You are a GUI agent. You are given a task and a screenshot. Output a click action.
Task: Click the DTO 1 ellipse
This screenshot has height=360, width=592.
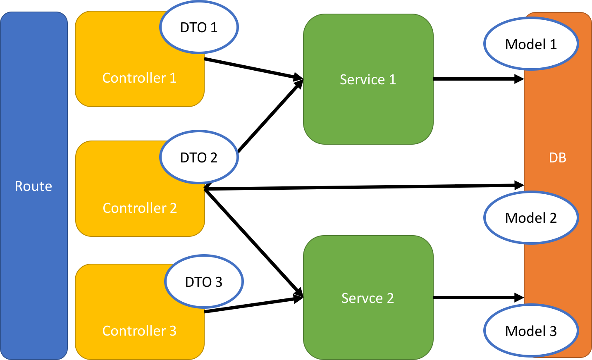(199, 27)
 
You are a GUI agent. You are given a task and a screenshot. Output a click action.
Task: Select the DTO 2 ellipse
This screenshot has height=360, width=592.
(199, 157)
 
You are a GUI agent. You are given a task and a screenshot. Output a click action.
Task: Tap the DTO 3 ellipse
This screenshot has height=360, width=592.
(204, 282)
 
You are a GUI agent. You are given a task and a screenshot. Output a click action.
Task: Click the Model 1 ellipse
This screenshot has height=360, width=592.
(531, 44)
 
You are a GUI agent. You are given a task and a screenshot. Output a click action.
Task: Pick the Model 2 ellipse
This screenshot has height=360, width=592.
(531, 218)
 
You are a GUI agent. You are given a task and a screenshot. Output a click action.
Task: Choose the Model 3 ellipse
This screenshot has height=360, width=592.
(531, 331)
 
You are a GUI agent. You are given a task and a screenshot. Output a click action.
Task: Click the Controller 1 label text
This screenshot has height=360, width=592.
(139, 78)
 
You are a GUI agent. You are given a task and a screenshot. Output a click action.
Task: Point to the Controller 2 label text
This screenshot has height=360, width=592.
(140, 208)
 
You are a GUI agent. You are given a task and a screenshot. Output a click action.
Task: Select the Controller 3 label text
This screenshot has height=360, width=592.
(139, 331)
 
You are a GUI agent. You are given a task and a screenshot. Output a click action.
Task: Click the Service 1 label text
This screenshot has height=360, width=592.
(368, 79)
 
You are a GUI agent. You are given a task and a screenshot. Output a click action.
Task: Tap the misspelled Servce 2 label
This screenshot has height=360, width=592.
(368, 298)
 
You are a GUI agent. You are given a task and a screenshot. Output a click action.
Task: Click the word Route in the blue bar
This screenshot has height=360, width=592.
(33, 186)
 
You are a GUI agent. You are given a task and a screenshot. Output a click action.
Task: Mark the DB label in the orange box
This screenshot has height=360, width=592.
(557, 157)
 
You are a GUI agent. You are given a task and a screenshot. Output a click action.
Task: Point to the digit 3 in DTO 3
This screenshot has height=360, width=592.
(219, 282)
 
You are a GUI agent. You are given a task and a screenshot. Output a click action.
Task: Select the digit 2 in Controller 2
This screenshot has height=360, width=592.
(173, 208)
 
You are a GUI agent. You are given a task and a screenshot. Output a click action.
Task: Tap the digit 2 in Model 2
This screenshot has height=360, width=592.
(553, 218)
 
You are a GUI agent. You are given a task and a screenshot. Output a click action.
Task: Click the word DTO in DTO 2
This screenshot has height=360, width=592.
(193, 157)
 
